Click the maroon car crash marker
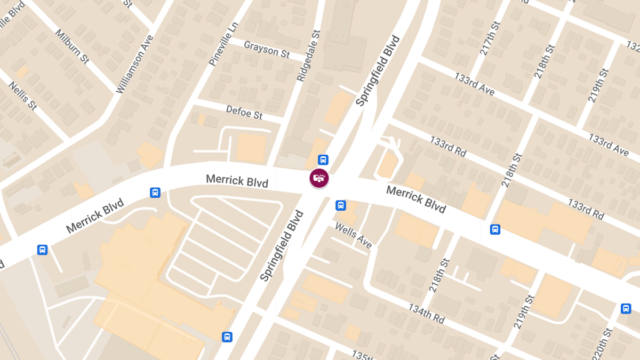pos(319,178)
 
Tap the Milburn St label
pos(71,46)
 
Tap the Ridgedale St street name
pos(308,56)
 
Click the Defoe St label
pos(244,112)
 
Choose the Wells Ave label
pos(353,235)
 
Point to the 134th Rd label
pos(426,314)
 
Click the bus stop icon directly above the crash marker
pos(323,159)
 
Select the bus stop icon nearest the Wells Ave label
pos(340,205)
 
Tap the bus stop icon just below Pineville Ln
pos(155,193)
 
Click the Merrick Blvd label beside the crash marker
pos(237,180)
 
